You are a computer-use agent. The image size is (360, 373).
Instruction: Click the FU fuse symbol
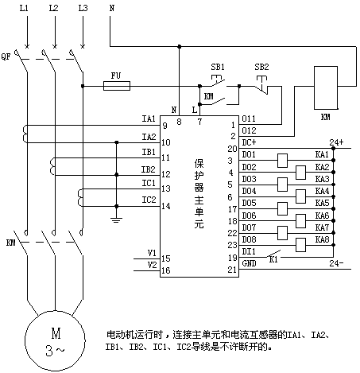coord(117,86)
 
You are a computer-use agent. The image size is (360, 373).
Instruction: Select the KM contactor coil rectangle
coord(326,87)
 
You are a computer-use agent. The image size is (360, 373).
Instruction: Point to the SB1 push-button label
coord(218,67)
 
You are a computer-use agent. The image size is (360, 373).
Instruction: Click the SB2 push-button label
coord(261,67)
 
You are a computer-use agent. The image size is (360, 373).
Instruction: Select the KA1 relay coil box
coord(282,161)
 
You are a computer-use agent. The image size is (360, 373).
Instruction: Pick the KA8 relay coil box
coord(301,245)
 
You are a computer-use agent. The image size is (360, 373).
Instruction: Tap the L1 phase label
coord(24,8)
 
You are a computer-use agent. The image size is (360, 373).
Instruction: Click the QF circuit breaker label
coord(6,56)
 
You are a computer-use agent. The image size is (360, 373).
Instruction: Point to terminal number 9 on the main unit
coord(165,126)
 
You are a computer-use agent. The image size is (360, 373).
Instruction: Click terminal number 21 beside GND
coord(232,270)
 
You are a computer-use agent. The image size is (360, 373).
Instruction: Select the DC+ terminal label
coord(249,142)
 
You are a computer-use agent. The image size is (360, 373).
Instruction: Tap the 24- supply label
coord(336,263)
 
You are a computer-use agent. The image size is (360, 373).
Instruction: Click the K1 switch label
coord(273,260)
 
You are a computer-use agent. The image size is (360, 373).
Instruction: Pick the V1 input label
coord(152,253)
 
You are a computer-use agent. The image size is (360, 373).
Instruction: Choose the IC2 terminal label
coord(149,200)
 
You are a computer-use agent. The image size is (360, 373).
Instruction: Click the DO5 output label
coord(249,203)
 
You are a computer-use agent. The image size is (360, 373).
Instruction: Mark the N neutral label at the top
coord(112,8)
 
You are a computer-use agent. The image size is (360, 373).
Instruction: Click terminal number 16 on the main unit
coord(166,270)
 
